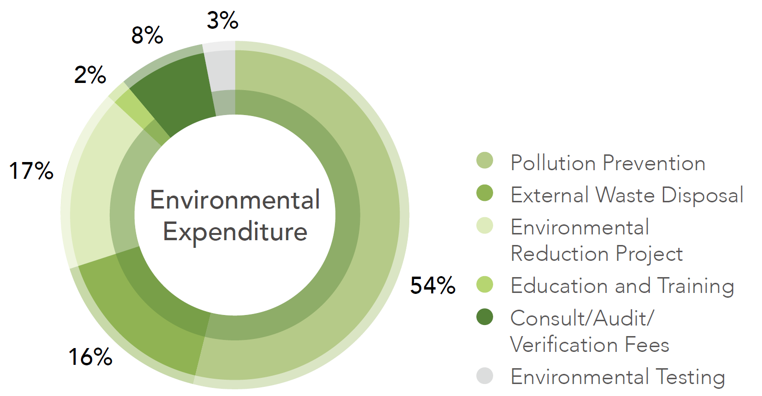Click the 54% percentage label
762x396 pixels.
pos(433,285)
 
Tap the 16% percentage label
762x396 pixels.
pos(91,357)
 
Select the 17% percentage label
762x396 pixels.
pos(32,171)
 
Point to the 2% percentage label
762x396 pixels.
pos(90,75)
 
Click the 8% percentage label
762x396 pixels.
pos(148,35)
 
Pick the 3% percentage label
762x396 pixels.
pos(223,21)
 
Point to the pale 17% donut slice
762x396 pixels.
pos(96,192)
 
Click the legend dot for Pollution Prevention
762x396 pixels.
pos(485,161)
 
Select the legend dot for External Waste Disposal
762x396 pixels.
pos(485,193)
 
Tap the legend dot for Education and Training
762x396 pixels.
pos(485,284)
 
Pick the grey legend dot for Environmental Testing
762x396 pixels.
pos(485,375)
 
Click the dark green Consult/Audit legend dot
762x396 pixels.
pos(485,316)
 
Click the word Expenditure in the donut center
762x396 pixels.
pos(235,232)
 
